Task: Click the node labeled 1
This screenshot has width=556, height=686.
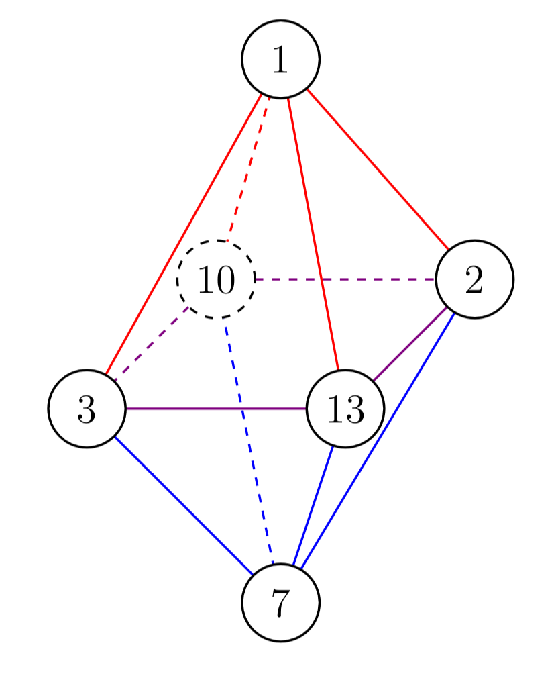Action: (280, 60)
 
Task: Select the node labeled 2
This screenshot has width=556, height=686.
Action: (474, 279)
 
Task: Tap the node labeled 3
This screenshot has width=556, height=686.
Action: (87, 408)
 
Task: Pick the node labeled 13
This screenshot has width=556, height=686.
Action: (345, 408)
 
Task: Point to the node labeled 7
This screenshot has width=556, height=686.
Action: (280, 602)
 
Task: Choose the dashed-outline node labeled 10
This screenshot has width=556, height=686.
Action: (216, 279)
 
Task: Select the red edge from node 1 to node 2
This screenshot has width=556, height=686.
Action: (377, 168)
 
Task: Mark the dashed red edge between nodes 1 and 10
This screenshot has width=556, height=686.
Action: (249, 168)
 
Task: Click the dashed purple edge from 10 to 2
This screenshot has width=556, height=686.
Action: (345, 279)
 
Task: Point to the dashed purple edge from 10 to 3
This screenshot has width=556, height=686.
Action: (152, 344)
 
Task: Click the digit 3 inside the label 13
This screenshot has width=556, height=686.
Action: (354, 409)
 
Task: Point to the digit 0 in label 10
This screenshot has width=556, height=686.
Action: (225, 280)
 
